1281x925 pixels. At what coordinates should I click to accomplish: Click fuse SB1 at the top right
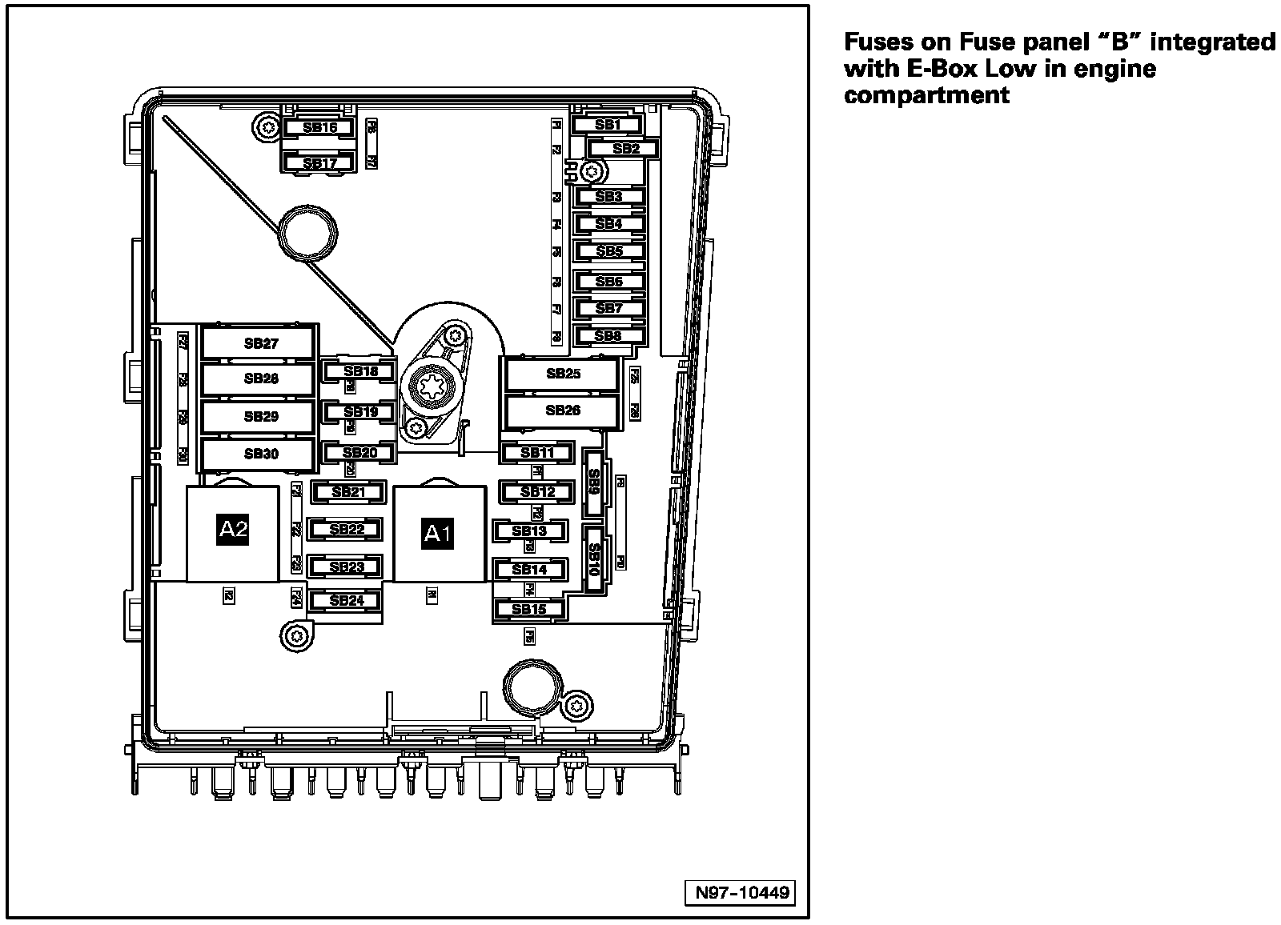pyautogui.click(x=608, y=125)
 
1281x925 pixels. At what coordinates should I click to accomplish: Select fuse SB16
pyautogui.click(x=319, y=128)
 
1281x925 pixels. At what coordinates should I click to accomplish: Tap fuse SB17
pyautogui.click(x=319, y=163)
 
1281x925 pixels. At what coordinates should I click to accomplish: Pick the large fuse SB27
pyautogui.click(x=260, y=344)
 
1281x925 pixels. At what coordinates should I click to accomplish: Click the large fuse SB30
pyautogui.click(x=260, y=454)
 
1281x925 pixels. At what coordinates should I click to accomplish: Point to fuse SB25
pyautogui.click(x=563, y=374)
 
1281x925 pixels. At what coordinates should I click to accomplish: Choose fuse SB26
pyautogui.click(x=563, y=410)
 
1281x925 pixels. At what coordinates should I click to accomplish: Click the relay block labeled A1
pyautogui.click(x=439, y=534)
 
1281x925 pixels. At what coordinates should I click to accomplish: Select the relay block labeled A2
pyautogui.click(x=233, y=530)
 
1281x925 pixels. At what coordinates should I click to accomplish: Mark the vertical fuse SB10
pyautogui.click(x=594, y=559)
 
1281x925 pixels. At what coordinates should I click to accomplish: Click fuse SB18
pyautogui.click(x=360, y=371)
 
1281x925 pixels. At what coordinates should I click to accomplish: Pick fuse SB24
pyautogui.click(x=347, y=600)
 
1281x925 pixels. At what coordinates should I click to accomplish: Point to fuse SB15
pyautogui.click(x=529, y=610)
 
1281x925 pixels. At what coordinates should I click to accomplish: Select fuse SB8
pyautogui.click(x=608, y=336)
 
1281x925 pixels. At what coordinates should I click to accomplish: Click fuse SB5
pyautogui.click(x=608, y=251)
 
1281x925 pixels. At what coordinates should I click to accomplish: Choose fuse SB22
pyautogui.click(x=347, y=530)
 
